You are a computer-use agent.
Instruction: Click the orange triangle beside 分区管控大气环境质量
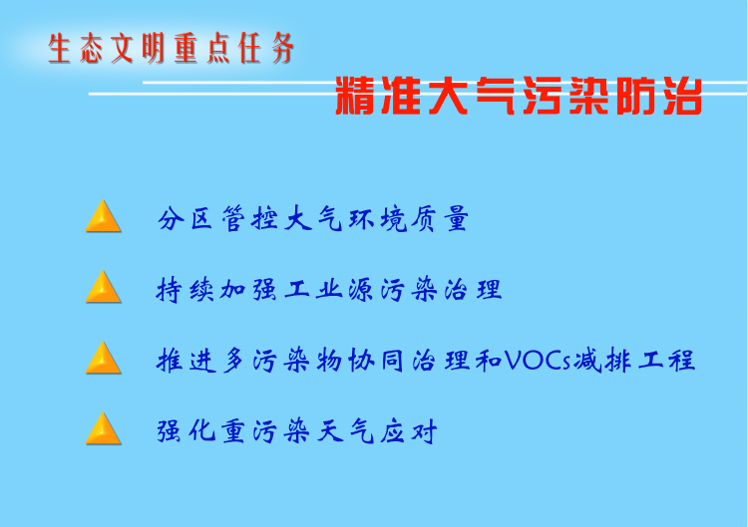pos(103,216)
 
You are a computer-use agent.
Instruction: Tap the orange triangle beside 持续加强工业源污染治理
pos(103,287)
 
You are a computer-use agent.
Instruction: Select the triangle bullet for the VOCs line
pos(103,358)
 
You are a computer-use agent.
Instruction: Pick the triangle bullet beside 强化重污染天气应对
pos(103,428)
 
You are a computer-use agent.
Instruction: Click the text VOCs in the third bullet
pos(538,361)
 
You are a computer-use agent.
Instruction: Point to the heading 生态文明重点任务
pos(171,48)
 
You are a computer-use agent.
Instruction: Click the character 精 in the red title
pos(354,96)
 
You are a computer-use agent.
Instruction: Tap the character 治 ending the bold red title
pos(682,96)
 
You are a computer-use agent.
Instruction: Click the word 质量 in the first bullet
pos(440,219)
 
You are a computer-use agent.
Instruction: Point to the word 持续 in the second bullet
pos(186,290)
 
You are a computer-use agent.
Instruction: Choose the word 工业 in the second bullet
pos(313,290)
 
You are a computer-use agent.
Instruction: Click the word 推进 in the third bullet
pos(187,361)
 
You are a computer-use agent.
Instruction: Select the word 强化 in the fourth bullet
pos(187,431)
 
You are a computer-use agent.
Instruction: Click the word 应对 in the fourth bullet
pos(409,431)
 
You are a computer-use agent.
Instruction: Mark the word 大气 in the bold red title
pos(472,96)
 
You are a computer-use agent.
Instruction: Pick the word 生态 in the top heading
pos(75,48)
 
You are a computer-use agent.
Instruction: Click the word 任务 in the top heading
pos(266,48)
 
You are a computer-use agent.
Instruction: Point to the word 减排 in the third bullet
pos(602,361)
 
